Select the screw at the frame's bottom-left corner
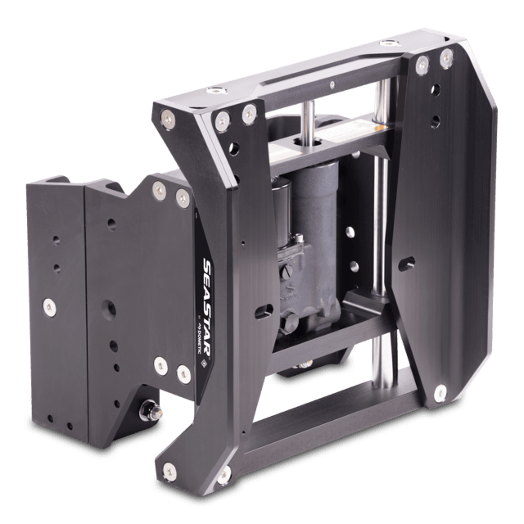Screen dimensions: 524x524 (x=169, y=469)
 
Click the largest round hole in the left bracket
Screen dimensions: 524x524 (x=108, y=312)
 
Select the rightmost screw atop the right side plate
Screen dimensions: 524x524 (x=447, y=56)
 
